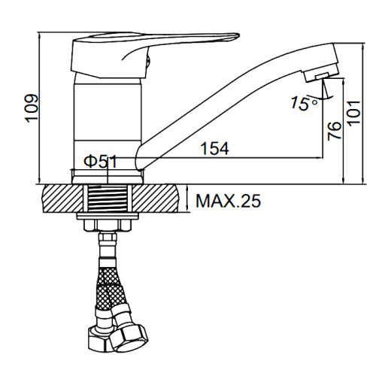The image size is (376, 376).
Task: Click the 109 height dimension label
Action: [x=32, y=108]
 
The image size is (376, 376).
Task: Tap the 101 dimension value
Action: [x=354, y=113]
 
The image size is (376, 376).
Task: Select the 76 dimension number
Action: [x=335, y=131]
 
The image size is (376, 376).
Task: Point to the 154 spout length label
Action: [x=215, y=148]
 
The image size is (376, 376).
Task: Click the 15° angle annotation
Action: [x=304, y=103]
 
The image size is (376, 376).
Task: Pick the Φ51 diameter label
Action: [x=100, y=162]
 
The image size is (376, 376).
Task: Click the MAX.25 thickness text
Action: [x=228, y=201]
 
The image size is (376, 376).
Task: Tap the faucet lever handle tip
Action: [x=237, y=36]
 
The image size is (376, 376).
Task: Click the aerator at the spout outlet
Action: [x=321, y=75]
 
